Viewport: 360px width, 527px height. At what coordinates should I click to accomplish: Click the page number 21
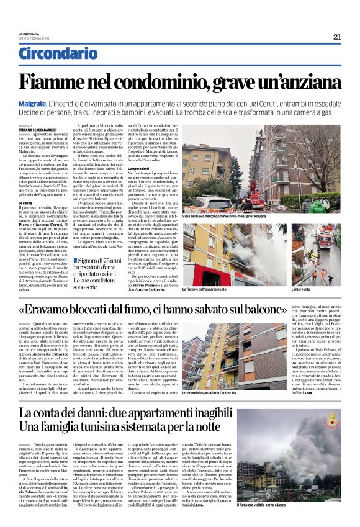337,37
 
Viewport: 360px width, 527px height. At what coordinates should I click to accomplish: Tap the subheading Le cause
25,202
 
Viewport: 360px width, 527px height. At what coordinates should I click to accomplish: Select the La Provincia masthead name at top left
29,34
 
